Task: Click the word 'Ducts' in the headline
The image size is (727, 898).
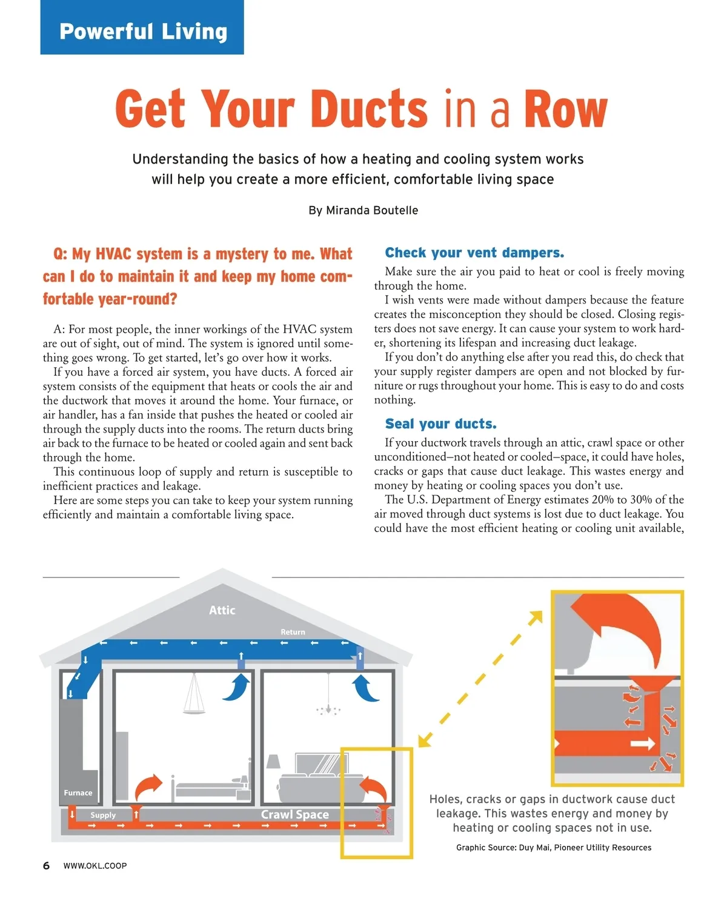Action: point(370,109)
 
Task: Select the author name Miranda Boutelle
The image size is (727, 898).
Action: point(371,210)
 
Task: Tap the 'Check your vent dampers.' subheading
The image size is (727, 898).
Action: point(474,253)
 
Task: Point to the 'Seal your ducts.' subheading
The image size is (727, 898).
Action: point(440,424)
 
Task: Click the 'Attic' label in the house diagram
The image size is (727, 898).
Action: point(222,610)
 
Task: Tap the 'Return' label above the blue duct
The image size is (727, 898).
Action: point(293,632)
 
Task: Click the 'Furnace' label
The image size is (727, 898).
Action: point(78,793)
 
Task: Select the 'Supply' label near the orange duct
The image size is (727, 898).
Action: point(103,815)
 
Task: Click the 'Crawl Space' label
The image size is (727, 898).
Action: point(294,814)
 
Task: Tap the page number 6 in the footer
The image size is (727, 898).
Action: point(47,865)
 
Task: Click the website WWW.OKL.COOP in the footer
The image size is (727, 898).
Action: point(95,866)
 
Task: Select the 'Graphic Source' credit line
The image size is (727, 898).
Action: point(553,848)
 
